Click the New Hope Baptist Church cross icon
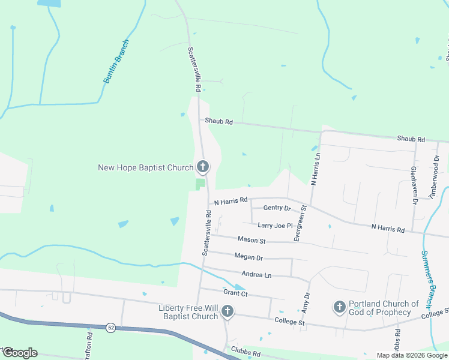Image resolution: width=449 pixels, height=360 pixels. point(203,167)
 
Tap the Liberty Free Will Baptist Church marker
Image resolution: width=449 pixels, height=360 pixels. point(227,311)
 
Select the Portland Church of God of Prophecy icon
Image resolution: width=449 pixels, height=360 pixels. point(339,308)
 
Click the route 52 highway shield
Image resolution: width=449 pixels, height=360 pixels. point(110,328)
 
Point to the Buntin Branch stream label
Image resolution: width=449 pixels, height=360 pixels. point(116,61)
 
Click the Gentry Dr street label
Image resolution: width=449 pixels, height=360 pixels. point(277,208)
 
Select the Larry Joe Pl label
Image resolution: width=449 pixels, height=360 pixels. point(275,226)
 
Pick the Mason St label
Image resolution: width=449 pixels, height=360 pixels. point(252,240)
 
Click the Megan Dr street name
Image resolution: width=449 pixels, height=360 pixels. point(249,257)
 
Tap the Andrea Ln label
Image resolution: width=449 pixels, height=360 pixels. point(256,274)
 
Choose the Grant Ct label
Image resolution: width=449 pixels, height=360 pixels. point(235,293)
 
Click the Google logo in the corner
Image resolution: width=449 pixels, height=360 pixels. point(20,353)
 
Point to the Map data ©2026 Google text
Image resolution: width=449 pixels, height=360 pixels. point(411,355)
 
